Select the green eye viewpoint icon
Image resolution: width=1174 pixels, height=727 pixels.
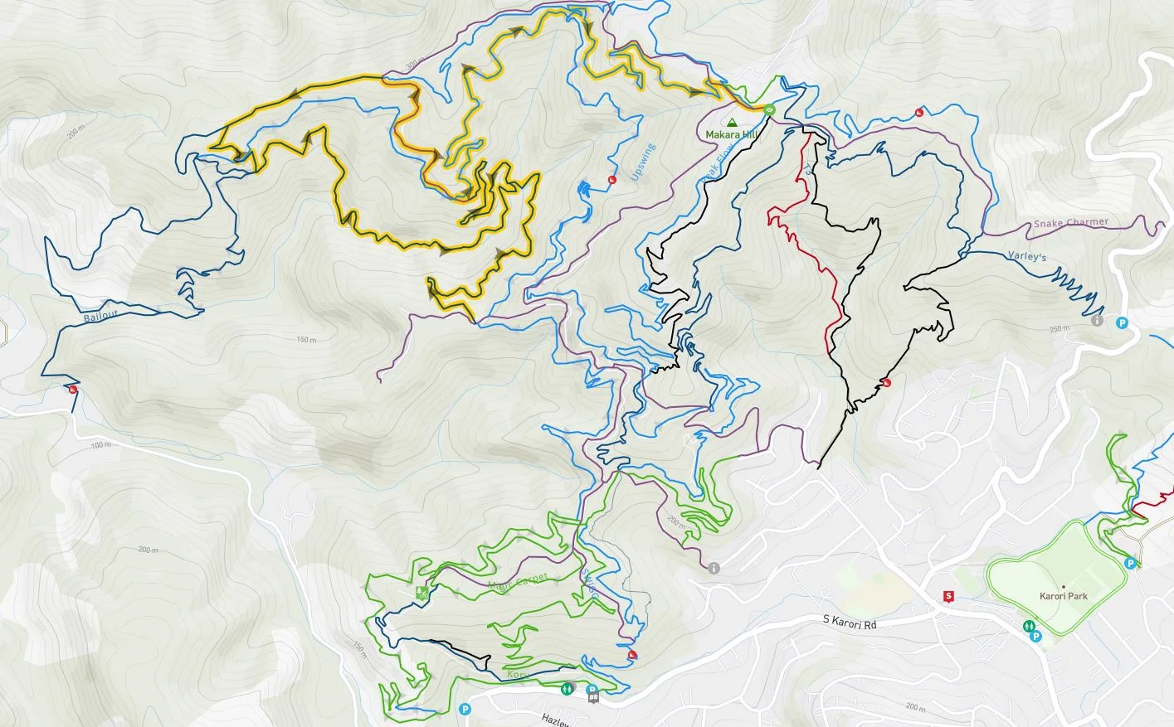click(x=769, y=109)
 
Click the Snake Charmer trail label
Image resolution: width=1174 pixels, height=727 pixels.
click(x=1070, y=223)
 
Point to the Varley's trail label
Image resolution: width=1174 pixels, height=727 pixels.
click(x=1026, y=257)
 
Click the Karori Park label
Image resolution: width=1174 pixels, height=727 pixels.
click(x=1063, y=596)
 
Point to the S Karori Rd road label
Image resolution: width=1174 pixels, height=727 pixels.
click(x=850, y=620)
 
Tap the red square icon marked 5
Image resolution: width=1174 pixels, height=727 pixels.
click(x=949, y=595)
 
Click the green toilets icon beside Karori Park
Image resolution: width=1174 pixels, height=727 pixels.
click(x=1029, y=628)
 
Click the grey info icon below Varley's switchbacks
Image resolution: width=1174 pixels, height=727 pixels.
click(x=1098, y=321)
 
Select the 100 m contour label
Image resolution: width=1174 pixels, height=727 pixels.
click(x=100, y=445)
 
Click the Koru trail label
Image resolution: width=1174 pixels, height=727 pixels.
click(x=515, y=676)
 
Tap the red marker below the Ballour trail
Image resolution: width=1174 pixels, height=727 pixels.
click(x=73, y=390)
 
